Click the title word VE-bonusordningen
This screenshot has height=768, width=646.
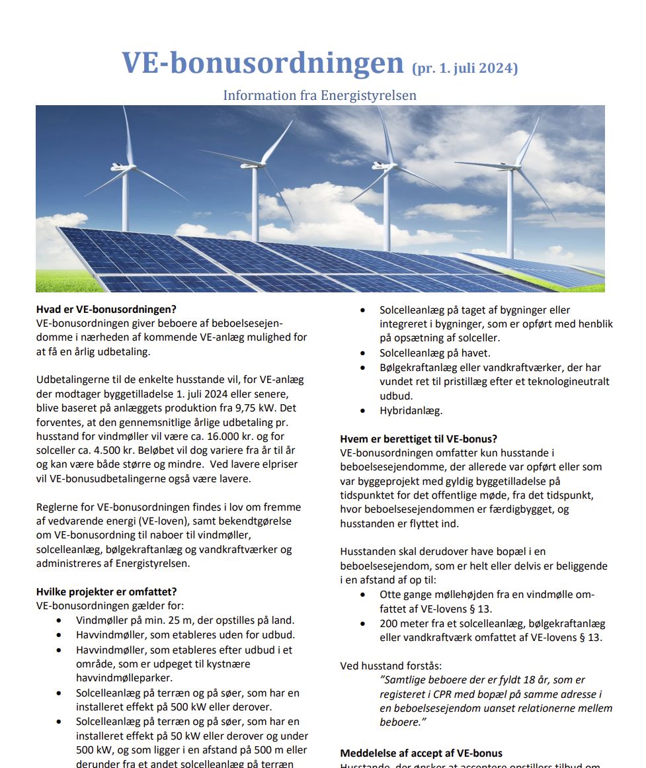(262, 64)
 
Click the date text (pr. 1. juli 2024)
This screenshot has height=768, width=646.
(465, 69)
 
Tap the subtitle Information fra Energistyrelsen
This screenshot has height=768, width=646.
(319, 95)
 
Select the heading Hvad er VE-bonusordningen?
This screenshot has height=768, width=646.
(106, 309)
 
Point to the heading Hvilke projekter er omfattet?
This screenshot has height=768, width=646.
(106, 591)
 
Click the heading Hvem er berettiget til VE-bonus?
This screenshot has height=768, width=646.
(419, 439)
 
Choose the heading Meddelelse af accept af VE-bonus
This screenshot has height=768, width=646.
(421, 753)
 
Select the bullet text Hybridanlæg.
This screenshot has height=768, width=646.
(411, 411)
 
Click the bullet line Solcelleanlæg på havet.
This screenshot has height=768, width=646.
(434, 353)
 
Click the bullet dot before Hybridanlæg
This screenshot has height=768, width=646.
(363, 411)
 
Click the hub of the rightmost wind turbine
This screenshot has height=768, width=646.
(510, 166)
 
